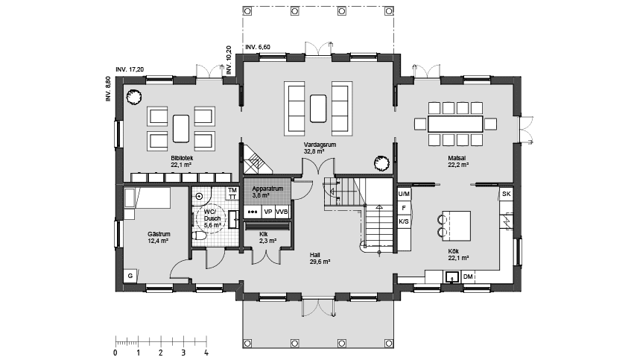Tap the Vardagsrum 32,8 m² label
coord(320,148)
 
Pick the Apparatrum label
coord(267,189)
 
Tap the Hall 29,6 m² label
coord(320,259)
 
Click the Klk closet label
coord(263,235)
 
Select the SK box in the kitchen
coord(506,194)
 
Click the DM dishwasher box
coord(468,277)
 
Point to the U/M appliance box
coord(404,194)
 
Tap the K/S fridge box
coord(404,221)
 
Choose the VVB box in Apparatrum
coord(282,212)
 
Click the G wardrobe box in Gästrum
coord(130,276)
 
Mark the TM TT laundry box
coord(232,193)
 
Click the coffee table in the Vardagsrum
coord(318,109)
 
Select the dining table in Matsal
coord(455,124)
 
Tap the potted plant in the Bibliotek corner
coord(133,98)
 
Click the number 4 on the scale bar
coord(206,353)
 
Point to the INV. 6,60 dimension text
coord(258,47)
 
